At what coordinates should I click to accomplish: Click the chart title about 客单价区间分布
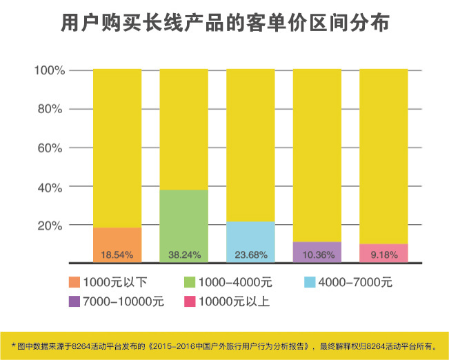pyautogui.click(x=225, y=23)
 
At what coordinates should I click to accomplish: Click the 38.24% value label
pyautogui.click(x=183, y=255)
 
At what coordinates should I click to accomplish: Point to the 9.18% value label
pyautogui.click(x=383, y=255)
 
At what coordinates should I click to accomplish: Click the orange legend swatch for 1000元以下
pyautogui.click(x=74, y=282)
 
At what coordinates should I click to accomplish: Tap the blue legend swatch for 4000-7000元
pyautogui.click(x=309, y=282)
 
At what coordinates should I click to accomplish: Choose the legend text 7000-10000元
pyautogui.click(x=124, y=301)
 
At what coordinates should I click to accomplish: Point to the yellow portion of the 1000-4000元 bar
pyautogui.click(x=183, y=128)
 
